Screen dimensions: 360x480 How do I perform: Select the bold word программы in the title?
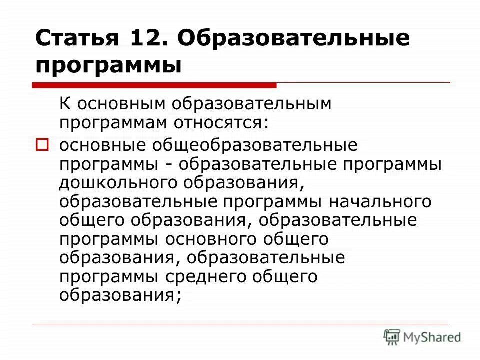point(108,65)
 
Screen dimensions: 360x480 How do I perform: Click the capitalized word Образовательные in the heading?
point(293,38)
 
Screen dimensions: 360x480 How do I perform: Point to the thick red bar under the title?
point(155,85)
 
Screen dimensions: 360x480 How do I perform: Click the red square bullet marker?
point(42,145)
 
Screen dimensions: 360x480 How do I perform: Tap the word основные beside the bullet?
point(105,146)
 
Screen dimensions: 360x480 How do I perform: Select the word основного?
point(210,239)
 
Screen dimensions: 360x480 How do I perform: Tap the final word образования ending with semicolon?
point(120,295)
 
